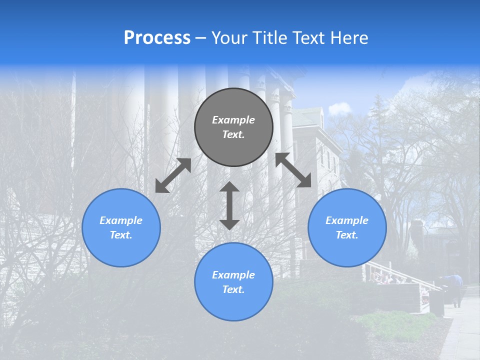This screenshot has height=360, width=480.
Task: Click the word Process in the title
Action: click(157, 38)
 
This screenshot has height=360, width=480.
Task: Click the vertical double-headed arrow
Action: click(229, 205)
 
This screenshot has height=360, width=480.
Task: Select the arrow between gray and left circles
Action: click(173, 175)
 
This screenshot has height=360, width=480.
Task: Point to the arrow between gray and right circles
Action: click(293, 170)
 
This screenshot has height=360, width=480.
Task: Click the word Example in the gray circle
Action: click(233, 120)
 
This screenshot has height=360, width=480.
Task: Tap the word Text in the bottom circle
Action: click(232, 289)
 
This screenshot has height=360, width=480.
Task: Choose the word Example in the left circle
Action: click(121, 220)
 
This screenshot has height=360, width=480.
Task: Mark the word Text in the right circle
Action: click(346, 235)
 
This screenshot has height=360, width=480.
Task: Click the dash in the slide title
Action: click(201, 38)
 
